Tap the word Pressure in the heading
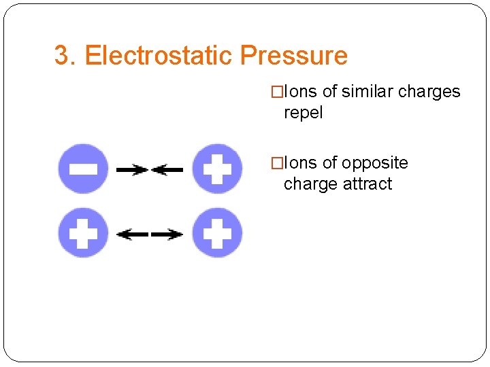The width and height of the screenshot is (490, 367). [x=293, y=56]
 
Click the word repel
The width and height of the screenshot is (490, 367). [x=303, y=113]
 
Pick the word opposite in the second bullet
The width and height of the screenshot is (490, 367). [x=374, y=163]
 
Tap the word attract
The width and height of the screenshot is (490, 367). [x=367, y=184]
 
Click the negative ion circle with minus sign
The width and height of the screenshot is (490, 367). [x=83, y=169]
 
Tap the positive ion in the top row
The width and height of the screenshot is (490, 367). [x=217, y=169]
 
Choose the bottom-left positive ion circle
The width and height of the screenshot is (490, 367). [x=83, y=233]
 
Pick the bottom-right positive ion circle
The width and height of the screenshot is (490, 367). [x=217, y=233]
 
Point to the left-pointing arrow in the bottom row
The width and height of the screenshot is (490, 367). [x=132, y=234]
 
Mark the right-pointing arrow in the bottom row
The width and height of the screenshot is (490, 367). [x=167, y=234]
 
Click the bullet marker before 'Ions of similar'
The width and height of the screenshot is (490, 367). [x=276, y=92]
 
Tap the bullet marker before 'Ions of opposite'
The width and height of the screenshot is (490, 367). [x=276, y=163]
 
